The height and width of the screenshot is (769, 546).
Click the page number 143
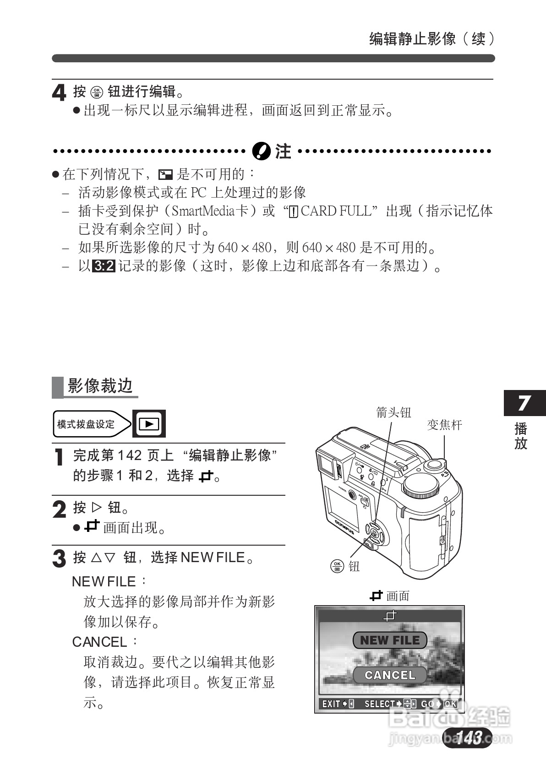click(x=468, y=737)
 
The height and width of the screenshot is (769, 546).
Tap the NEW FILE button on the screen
click(x=390, y=640)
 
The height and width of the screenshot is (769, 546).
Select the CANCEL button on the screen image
click(x=390, y=675)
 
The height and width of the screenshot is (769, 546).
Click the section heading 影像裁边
click(x=100, y=386)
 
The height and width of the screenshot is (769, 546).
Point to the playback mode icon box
click(x=149, y=424)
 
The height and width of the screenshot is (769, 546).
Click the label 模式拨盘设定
click(x=86, y=424)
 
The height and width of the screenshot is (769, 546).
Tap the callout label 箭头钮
click(x=393, y=412)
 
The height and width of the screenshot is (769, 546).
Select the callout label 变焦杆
click(x=444, y=425)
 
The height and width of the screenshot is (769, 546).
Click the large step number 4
click(x=59, y=93)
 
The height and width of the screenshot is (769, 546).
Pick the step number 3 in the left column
click(x=59, y=558)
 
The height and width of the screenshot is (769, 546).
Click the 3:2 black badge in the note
click(x=104, y=266)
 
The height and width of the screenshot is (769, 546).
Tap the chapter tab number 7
click(x=524, y=403)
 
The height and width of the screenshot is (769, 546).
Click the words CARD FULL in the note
click(x=335, y=211)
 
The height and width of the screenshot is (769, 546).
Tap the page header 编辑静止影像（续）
click(x=431, y=39)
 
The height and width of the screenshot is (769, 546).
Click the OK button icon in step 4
click(x=97, y=92)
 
